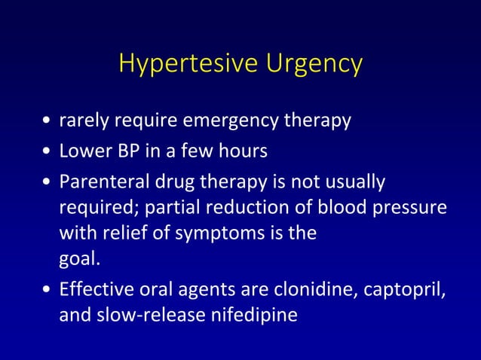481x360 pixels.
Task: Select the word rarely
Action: (x=82, y=122)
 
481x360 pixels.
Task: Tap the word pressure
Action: (x=410, y=208)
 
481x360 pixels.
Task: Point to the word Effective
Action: (x=95, y=290)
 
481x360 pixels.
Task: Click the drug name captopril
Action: (x=403, y=290)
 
